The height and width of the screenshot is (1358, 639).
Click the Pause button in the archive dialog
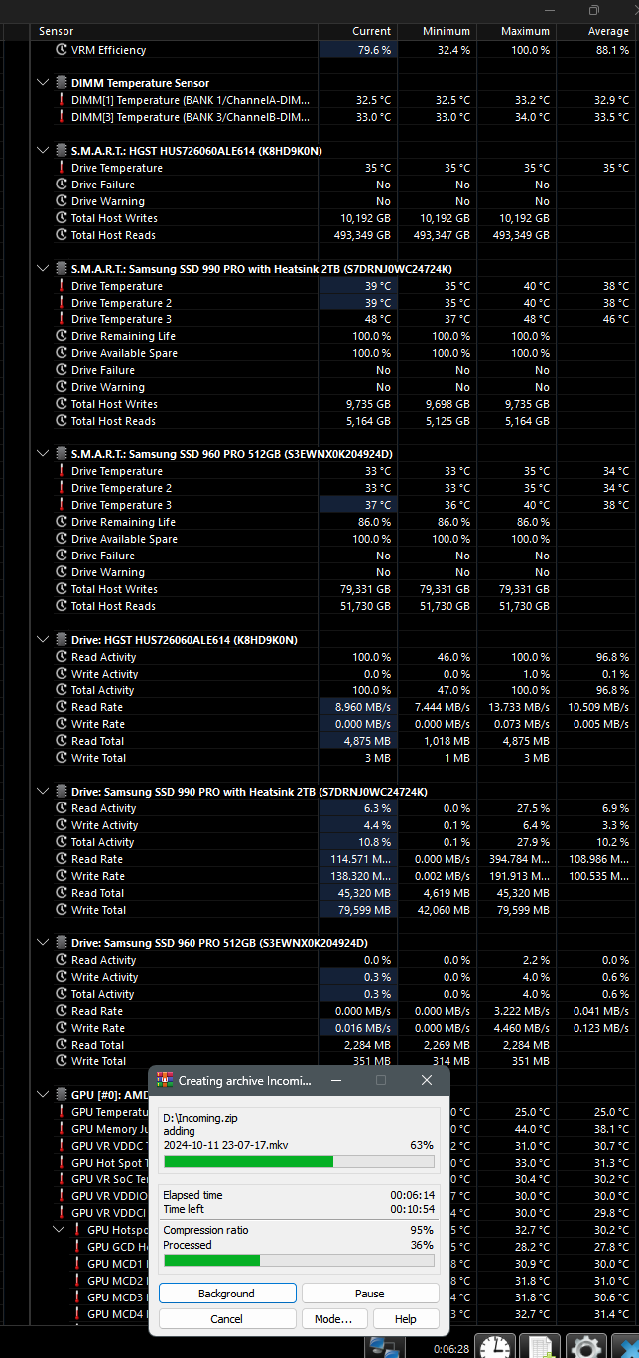(370, 1294)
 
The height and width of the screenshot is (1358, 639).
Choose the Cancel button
(227, 1319)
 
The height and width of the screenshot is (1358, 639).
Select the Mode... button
(333, 1319)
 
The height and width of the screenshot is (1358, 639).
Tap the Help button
(405, 1319)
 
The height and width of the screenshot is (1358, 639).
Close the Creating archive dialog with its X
(427, 1080)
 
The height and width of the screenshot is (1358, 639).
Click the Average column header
(608, 31)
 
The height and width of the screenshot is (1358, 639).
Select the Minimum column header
(447, 31)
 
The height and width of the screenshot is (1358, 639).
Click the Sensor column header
(57, 31)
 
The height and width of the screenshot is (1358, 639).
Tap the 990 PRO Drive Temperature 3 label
(121, 319)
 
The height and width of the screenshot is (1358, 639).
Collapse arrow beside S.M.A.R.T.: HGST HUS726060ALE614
(43, 151)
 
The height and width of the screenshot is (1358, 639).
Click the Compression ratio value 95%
(423, 1230)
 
